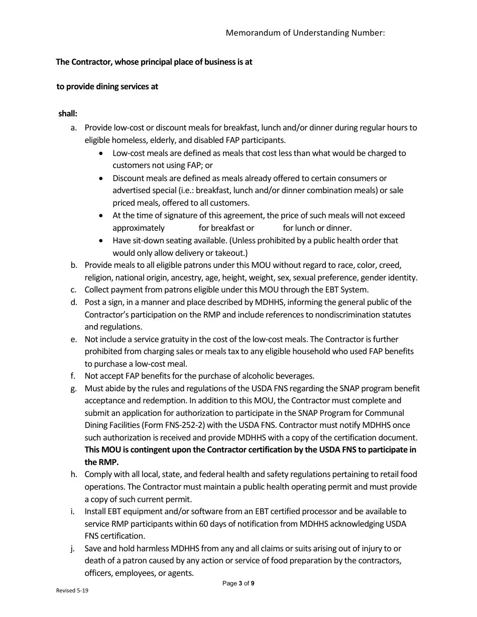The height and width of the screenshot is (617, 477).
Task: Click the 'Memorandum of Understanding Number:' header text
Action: pyautogui.click(x=305, y=33)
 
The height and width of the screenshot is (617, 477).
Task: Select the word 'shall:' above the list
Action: pyautogui.click(x=68, y=114)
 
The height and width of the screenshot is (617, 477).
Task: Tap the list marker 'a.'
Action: pyautogui.click(x=74, y=128)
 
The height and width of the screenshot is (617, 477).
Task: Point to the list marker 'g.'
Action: pyautogui.click(x=74, y=388)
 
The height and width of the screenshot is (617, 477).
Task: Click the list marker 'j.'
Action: pyautogui.click(x=74, y=548)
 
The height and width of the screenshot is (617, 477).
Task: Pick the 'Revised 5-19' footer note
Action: pyautogui.click(x=72, y=591)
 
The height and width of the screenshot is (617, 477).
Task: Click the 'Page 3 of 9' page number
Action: pyautogui.click(x=238, y=583)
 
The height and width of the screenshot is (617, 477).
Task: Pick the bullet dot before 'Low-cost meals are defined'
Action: pyautogui.click(x=102, y=153)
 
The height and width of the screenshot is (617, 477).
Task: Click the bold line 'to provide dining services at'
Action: pyautogui.click(x=107, y=86)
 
